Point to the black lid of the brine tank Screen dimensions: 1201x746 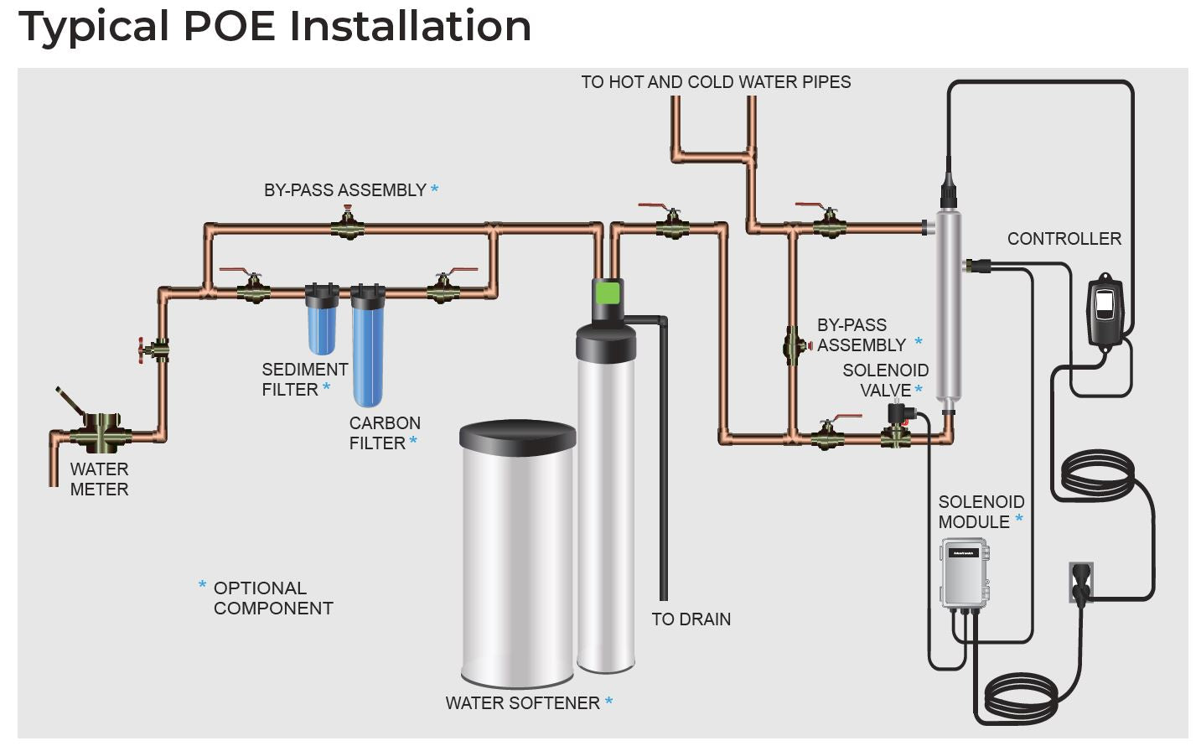point(518,437)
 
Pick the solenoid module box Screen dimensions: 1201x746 point(965,572)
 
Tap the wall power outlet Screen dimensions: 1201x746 point(1081,583)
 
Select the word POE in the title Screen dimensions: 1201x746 point(230,26)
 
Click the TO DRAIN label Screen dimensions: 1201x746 point(691,619)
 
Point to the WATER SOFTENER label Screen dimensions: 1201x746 point(523,703)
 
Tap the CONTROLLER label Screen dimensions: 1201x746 point(1064,239)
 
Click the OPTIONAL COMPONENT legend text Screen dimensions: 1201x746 point(273,598)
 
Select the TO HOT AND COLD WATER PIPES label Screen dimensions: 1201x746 point(717,82)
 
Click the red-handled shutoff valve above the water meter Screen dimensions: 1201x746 point(154,350)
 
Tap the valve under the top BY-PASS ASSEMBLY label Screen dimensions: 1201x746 point(348,225)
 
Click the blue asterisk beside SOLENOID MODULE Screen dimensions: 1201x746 point(1018,519)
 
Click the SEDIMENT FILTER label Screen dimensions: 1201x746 point(304,380)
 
